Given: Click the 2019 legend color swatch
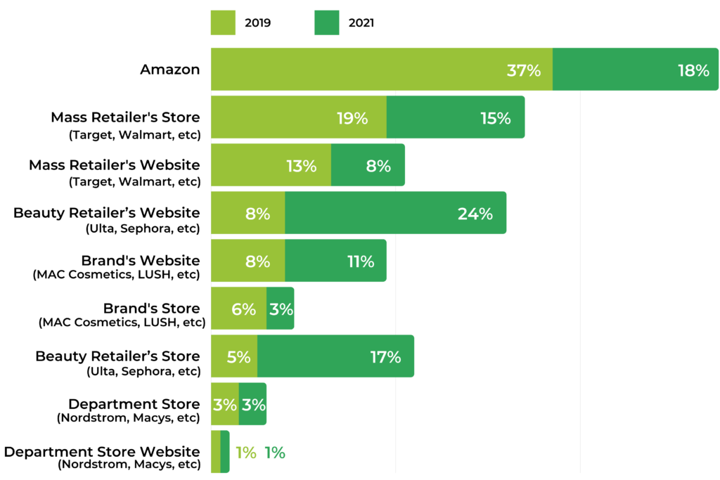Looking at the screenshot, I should pos(223,22).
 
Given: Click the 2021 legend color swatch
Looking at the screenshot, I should pos(327,22).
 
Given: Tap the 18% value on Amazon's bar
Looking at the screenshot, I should pos(693,70).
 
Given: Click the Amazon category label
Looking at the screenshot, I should pos(169,70).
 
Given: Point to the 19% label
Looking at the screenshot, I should pos(352,118).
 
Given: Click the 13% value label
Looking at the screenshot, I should pos(301,166).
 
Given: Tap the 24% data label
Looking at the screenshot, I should pos(475,214).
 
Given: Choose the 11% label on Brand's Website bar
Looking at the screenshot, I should pos(360,261).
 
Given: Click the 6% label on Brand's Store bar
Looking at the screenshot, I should pos(243,309).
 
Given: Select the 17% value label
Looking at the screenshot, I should pos(385,357).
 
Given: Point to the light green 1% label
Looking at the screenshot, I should pos(245,453).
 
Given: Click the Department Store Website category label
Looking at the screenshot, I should pos(102,451).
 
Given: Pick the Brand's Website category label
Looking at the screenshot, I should pos(140,260).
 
